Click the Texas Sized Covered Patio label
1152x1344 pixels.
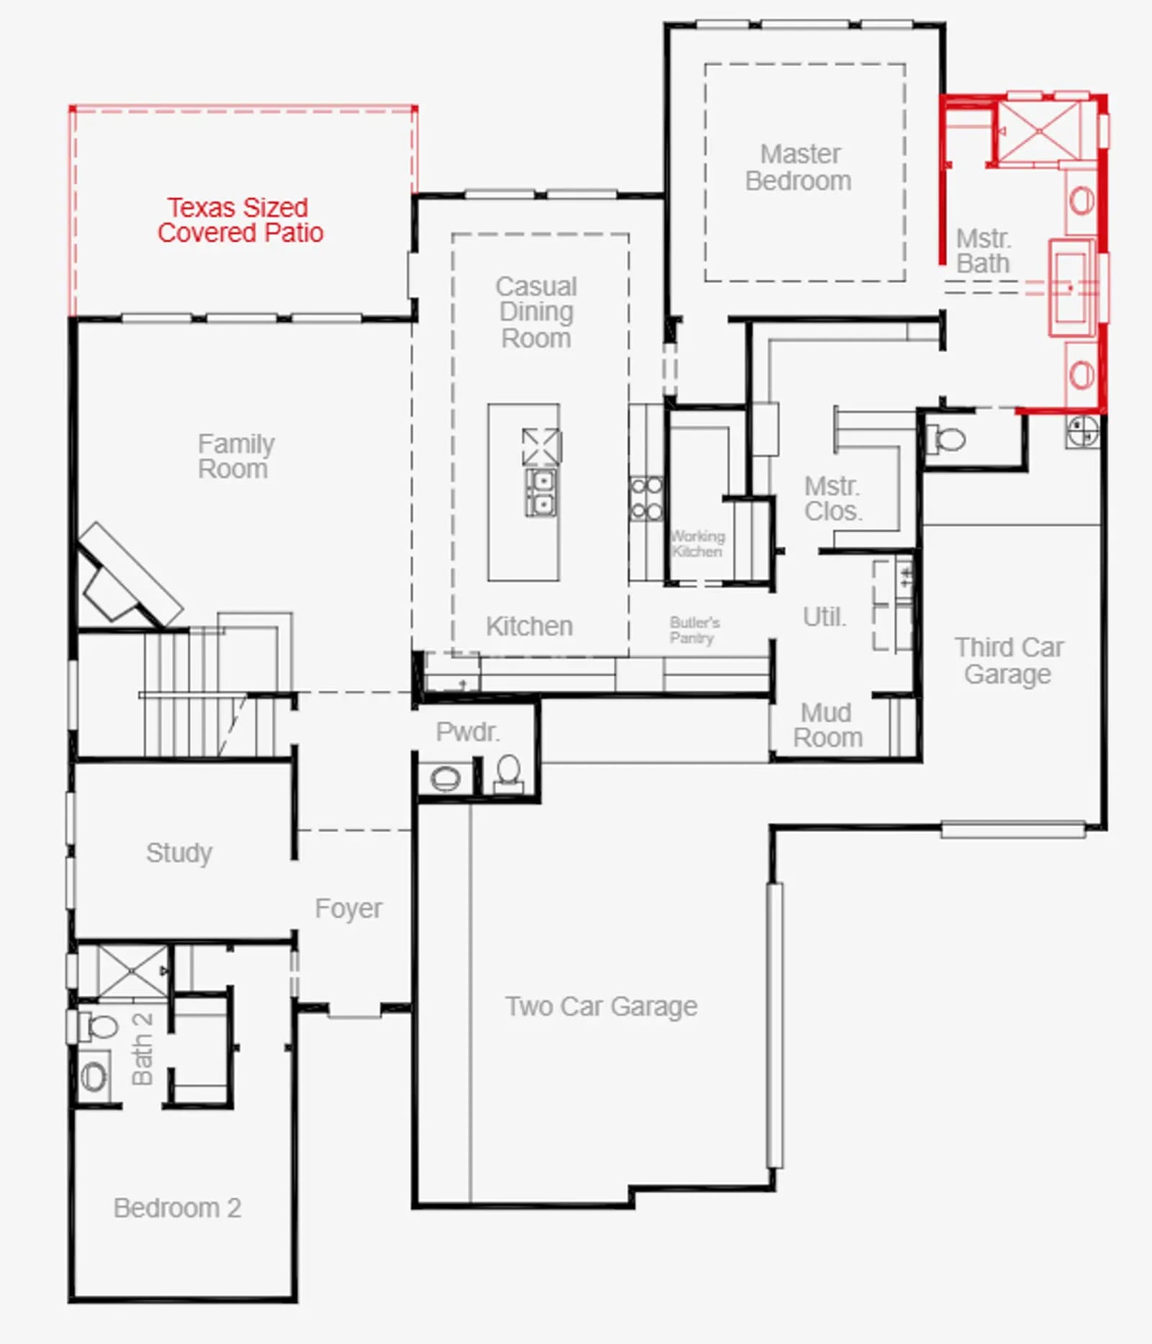tap(240, 220)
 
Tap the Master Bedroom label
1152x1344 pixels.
tap(799, 167)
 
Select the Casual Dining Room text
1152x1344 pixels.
tap(536, 312)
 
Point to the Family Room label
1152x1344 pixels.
tap(236, 456)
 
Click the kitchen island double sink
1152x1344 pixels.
tap(541, 492)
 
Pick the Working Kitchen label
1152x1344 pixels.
tap(698, 544)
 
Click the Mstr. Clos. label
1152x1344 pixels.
tap(833, 498)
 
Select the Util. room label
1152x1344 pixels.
tap(824, 617)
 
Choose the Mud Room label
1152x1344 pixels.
tap(827, 725)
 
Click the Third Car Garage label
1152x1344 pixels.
tap(1009, 660)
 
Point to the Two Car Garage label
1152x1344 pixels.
tap(601, 1006)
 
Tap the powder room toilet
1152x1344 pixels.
tap(508, 772)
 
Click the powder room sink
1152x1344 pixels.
tap(445, 778)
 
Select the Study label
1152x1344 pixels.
tap(179, 853)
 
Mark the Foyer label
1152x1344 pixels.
tap(348, 908)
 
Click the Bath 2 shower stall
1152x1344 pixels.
tap(132, 971)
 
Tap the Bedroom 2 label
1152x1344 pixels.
tap(177, 1207)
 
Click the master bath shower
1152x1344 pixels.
tap(1040, 130)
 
